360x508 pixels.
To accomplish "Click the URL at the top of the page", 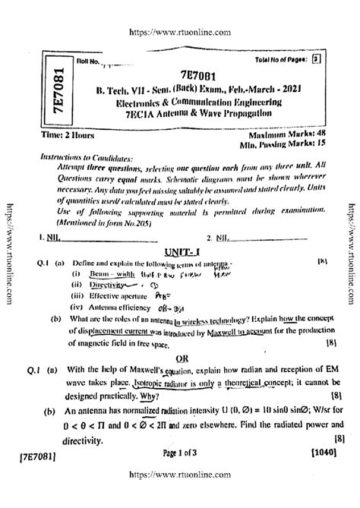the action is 180,13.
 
